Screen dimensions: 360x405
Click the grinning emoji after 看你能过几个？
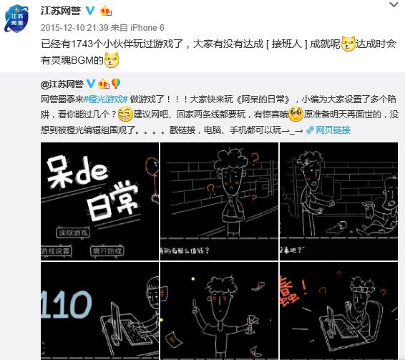point(126,115)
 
